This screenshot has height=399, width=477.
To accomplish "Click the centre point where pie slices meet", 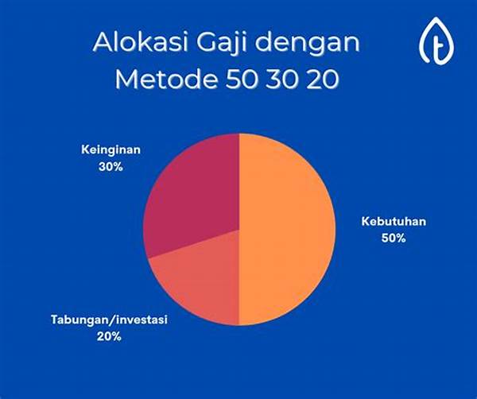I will click(238, 229).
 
